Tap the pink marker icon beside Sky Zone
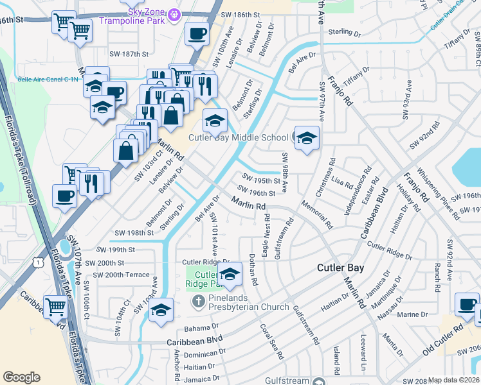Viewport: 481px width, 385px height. point(172,13)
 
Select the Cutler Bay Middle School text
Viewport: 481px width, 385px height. point(238,137)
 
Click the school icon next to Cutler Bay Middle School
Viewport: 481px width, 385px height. point(307,138)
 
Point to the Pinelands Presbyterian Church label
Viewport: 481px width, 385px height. point(249,307)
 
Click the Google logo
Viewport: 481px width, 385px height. point(21,377)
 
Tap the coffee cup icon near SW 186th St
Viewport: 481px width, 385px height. point(197,33)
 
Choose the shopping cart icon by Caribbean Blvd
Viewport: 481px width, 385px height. point(55,307)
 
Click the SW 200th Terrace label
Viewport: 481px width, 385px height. point(121,275)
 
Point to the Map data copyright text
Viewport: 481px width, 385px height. point(453,380)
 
